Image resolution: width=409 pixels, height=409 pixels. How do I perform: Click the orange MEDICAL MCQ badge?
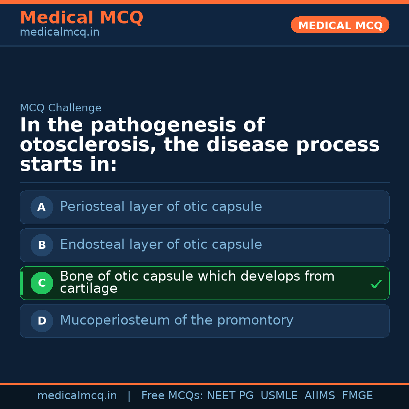340,25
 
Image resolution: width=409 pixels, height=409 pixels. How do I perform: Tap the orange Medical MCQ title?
81,17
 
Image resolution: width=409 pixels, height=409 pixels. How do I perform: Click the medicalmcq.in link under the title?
59,32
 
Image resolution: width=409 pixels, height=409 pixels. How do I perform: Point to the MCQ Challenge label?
61,108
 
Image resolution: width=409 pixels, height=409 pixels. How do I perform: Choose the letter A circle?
42,207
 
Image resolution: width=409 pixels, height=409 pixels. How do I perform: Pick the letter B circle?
42,245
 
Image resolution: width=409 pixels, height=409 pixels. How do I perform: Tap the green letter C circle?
42,283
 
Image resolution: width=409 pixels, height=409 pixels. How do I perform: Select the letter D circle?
42,321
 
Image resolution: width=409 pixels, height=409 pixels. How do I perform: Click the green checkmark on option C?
376,284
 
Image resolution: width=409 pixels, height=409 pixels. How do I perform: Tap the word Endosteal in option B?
92,245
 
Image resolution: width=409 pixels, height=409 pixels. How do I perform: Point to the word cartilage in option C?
89,289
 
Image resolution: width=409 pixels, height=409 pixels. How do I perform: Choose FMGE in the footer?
357,396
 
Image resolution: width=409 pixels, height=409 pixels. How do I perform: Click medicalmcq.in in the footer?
77,396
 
